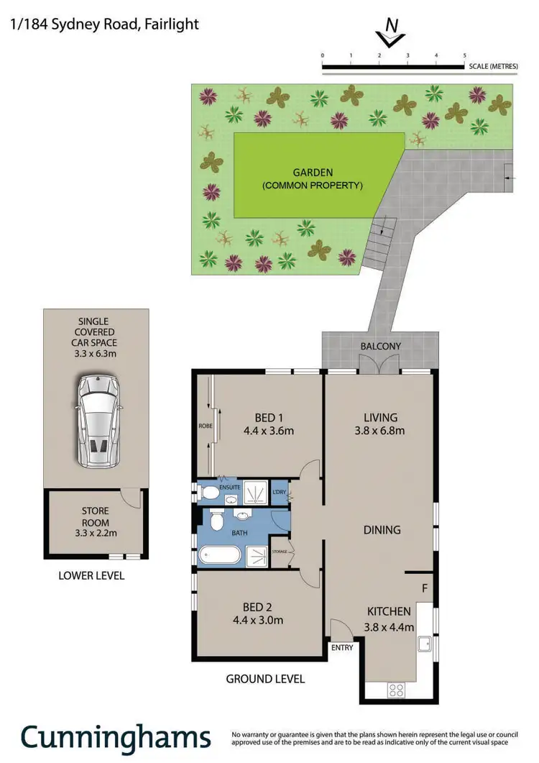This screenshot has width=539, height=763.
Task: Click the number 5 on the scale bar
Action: tap(464, 55)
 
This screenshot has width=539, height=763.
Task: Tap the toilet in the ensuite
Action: tap(211, 493)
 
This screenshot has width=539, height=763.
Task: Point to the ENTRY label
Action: tap(341, 647)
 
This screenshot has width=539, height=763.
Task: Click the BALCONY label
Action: tap(381, 346)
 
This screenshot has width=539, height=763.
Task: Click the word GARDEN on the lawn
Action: tap(313, 173)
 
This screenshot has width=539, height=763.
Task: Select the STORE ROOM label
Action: tap(95, 512)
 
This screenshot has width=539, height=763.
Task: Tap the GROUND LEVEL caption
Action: tap(265, 678)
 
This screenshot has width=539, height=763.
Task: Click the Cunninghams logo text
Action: tap(115, 737)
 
